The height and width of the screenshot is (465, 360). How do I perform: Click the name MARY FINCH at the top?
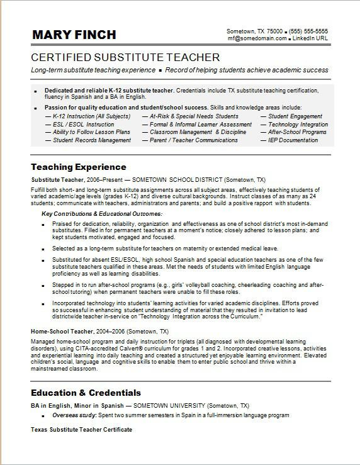point(74,35)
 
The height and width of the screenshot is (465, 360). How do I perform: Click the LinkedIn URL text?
point(311,38)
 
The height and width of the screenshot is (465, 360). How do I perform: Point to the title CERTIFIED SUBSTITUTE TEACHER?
point(125,57)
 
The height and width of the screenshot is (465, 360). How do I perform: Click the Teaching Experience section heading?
point(79,167)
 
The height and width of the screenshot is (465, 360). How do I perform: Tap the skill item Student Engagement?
point(295,116)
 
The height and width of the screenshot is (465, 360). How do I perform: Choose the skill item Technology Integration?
point(298,125)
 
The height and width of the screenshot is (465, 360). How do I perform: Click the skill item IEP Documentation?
point(293,140)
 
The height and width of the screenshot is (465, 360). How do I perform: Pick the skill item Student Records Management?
point(92,140)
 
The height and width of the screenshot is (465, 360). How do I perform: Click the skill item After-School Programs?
point(297,132)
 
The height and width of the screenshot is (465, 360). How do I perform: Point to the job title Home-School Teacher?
point(60,331)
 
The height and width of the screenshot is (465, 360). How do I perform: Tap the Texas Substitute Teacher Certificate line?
point(82,429)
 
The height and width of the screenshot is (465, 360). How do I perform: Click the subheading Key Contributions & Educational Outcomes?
point(102,214)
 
